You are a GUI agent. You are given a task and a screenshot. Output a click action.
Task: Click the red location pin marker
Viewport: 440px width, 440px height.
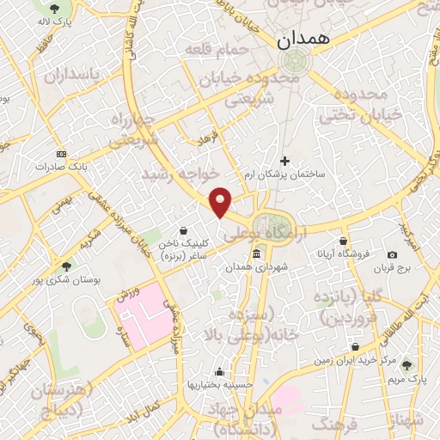(x=221, y=201)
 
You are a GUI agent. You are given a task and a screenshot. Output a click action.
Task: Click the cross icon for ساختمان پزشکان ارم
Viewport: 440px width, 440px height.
(x=285, y=160)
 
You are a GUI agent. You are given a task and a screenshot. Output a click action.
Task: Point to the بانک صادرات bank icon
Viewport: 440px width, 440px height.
(x=59, y=154)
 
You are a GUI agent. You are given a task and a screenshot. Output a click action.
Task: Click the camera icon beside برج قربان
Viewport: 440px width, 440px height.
(x=392, y=254)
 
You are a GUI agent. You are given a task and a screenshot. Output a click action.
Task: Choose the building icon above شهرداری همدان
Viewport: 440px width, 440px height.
(x=257, y=254)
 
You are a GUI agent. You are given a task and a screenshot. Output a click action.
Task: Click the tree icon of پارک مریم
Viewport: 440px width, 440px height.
(x=407, y=364)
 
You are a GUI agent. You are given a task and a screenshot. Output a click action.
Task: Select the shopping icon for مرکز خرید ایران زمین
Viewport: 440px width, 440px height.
(x=354, y=347)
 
